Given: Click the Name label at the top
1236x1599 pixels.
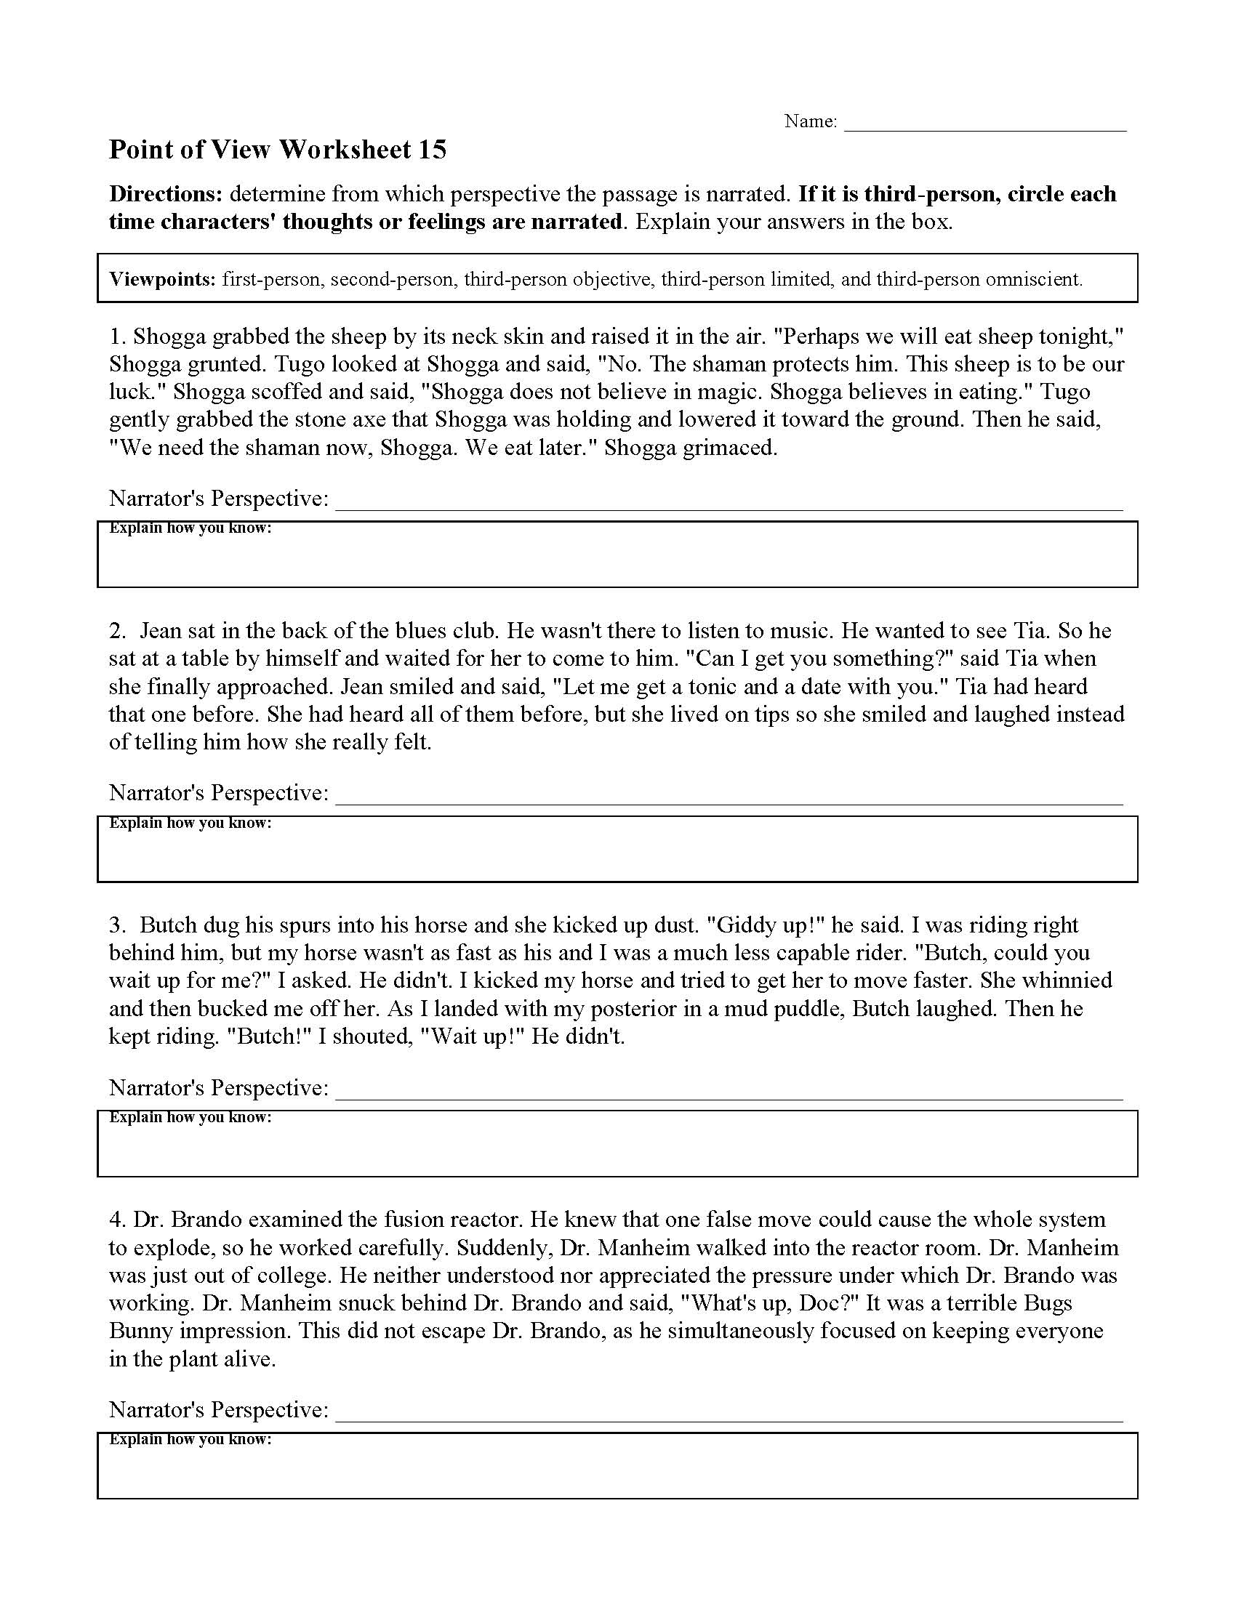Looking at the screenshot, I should coord(810,121).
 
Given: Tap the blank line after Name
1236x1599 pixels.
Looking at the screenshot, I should coord(985,124).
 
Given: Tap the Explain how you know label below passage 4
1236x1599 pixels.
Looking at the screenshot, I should coord(190,1439).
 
